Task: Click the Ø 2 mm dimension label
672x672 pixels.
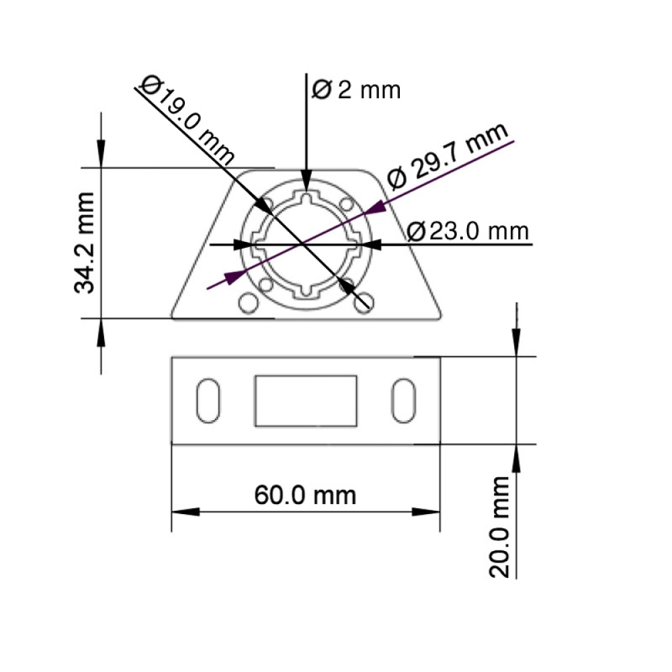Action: tap(357, 89)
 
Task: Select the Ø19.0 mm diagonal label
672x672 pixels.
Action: tap(188, 120)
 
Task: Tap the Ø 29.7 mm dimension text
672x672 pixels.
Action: tap(448, 157)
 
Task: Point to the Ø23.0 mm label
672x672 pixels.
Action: tap(468, 231)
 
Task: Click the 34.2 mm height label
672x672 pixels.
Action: tap(85, 243)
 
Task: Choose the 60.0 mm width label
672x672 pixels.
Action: tap(305, 495)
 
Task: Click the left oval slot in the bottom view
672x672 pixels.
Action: tap(208, 401)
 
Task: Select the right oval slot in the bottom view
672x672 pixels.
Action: tap(404, 401)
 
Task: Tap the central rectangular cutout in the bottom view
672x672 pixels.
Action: tap(306, 401)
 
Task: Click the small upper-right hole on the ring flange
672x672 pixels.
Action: tap(347, 203)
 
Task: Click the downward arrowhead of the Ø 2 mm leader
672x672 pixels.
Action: tap(306, 183)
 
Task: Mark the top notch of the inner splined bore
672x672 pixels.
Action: tap(306, 198)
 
